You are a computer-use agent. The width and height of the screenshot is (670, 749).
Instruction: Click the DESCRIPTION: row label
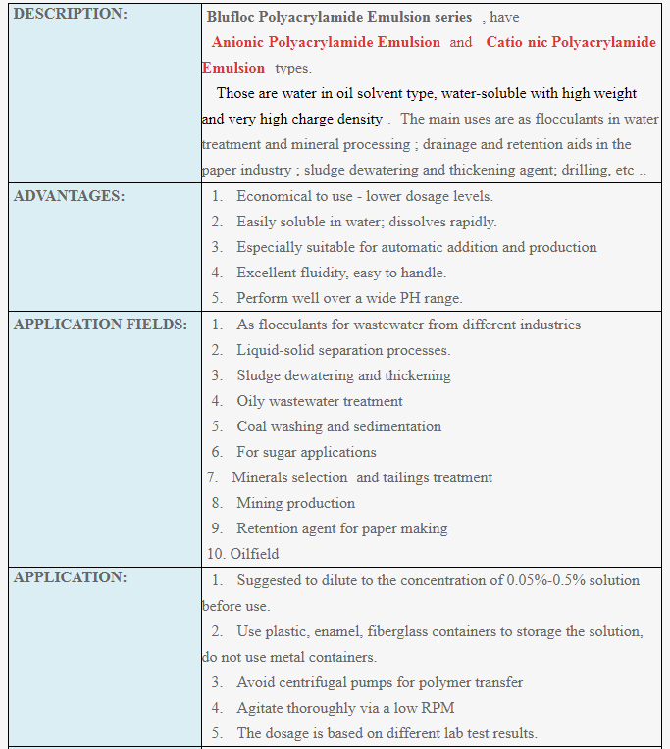tap(71, 16)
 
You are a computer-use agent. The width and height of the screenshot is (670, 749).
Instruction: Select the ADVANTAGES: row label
tap(70, 196)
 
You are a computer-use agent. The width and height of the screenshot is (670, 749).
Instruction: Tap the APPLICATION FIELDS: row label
tap(100, 325)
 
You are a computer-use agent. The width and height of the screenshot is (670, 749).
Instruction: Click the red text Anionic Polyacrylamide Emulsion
tap(326, 42)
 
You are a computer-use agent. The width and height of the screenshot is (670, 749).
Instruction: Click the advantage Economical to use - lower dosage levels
tap(364, 196)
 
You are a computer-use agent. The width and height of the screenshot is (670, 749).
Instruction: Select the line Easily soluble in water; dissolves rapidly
tap(366, 222)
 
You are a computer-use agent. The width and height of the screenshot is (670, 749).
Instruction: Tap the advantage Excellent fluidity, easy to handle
tap(341, 273)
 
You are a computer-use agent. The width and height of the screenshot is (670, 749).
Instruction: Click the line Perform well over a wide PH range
tap(349, 298)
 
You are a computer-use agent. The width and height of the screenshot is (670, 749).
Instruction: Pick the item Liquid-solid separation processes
tap(343, 350)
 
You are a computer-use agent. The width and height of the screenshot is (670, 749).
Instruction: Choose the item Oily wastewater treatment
tap(320, 401)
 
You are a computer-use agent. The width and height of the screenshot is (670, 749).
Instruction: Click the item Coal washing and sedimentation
tap(338, 426)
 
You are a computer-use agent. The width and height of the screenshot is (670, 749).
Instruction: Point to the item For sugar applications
tap(306, 452)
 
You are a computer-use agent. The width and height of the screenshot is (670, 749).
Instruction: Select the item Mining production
tap(295, 503)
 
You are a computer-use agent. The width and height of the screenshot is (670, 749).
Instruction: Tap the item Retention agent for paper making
tap(341, 528)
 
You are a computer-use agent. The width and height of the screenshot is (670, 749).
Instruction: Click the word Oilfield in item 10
tap(254, 554)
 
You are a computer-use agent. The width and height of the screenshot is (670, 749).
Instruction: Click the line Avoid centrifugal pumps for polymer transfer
tap(380, 682)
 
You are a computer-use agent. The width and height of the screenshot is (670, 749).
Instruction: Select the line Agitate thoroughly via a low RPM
tap(345, 708)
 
